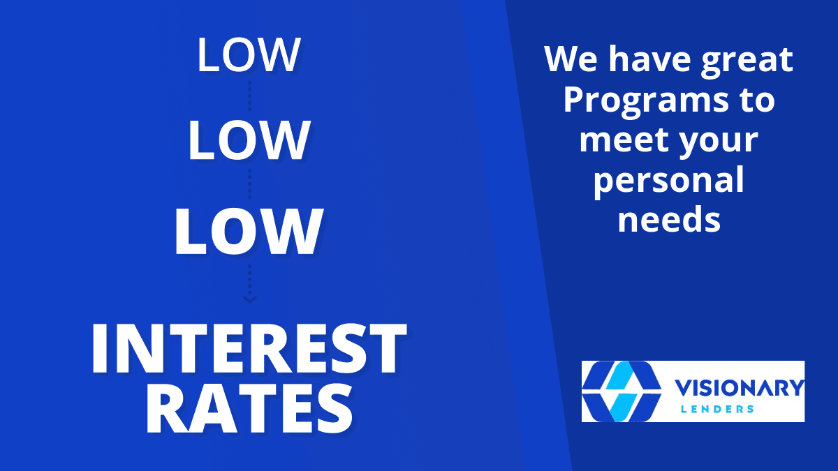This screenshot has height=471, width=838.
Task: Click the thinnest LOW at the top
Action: pos(249,54)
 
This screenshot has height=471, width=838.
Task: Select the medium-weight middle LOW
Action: pos(249,140)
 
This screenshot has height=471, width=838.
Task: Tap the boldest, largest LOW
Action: pos(249,232)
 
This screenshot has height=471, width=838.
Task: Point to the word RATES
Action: pos(249,410)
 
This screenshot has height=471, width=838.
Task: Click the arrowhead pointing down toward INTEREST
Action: pos(249,299)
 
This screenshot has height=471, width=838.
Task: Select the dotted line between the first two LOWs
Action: pos(250,96)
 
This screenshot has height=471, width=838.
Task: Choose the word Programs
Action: pos(646,102)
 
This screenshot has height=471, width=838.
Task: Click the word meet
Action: pos(623,140)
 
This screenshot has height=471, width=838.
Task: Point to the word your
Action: pos(719,143)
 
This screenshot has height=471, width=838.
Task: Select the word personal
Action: pos(669,182)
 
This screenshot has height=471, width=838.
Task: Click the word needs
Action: pos(669,219)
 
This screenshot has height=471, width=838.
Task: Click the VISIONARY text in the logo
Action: pos(740,388)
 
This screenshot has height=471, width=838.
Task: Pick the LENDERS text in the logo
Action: pos(717,409)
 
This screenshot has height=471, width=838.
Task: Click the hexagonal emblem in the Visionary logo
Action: pos(622,391)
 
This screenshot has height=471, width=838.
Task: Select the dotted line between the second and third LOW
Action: pos(250,184)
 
